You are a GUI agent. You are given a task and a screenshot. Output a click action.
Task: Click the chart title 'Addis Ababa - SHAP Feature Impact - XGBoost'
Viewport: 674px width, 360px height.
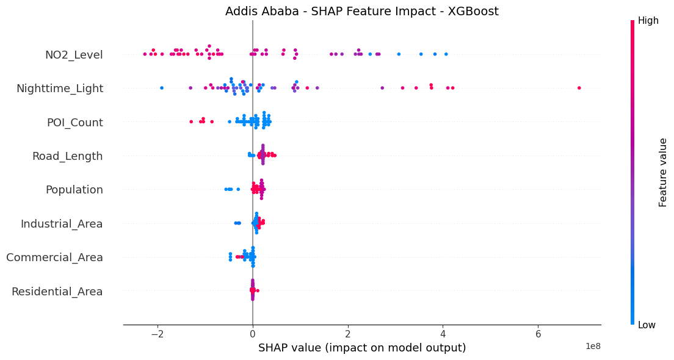tap(361, 12)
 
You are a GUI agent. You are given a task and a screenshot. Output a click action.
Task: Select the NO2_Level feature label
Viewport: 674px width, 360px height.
tap(74, 55)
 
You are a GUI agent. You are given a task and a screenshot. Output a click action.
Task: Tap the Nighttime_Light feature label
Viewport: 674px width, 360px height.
tap(60, 88)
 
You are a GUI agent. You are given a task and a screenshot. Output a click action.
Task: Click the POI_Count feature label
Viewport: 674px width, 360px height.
tap(74, 123)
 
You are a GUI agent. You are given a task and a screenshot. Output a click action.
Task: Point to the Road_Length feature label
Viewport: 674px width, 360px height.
tap(67, 156)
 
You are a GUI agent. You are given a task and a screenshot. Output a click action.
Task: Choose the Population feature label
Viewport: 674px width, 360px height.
tap(74, 190)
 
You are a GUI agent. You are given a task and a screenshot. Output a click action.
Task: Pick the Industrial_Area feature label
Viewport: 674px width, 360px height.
tap(62, 224)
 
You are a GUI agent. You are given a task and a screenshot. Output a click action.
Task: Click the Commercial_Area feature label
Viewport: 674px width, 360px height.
tap(54, 257)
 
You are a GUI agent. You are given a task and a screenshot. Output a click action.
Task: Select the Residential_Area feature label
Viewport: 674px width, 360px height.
tap(57, 291)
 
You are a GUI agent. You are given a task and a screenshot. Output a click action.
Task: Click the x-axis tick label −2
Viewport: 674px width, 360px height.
tap(158, 334)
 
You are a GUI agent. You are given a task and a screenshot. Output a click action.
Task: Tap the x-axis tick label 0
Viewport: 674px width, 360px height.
tap(253, 334)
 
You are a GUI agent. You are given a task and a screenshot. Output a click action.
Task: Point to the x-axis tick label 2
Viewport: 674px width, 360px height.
tap(347, 334)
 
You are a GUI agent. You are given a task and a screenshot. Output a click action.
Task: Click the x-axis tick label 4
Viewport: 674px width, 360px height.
tap(443, 334)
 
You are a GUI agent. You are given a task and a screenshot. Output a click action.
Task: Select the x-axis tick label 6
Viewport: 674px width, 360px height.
tap(538, 334)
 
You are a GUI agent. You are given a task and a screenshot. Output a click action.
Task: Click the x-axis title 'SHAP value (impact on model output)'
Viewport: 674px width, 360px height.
tap(362, 348)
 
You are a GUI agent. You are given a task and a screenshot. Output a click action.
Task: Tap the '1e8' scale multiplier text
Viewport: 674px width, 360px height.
tap(593, 347)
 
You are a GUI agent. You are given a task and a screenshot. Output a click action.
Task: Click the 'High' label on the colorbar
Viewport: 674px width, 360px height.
tap(648, 21)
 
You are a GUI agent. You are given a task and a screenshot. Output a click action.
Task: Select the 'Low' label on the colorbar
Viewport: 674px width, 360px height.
tap(647, 325)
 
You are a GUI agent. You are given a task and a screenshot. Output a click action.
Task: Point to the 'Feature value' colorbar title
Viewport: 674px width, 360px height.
tap(663, 172)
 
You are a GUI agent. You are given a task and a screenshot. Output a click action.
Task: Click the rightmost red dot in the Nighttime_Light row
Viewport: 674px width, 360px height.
tap(579, 88)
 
